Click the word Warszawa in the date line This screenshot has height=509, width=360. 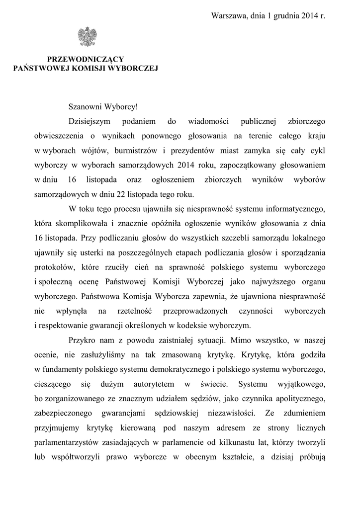click(230, 16)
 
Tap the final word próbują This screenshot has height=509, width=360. click(311, 455)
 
